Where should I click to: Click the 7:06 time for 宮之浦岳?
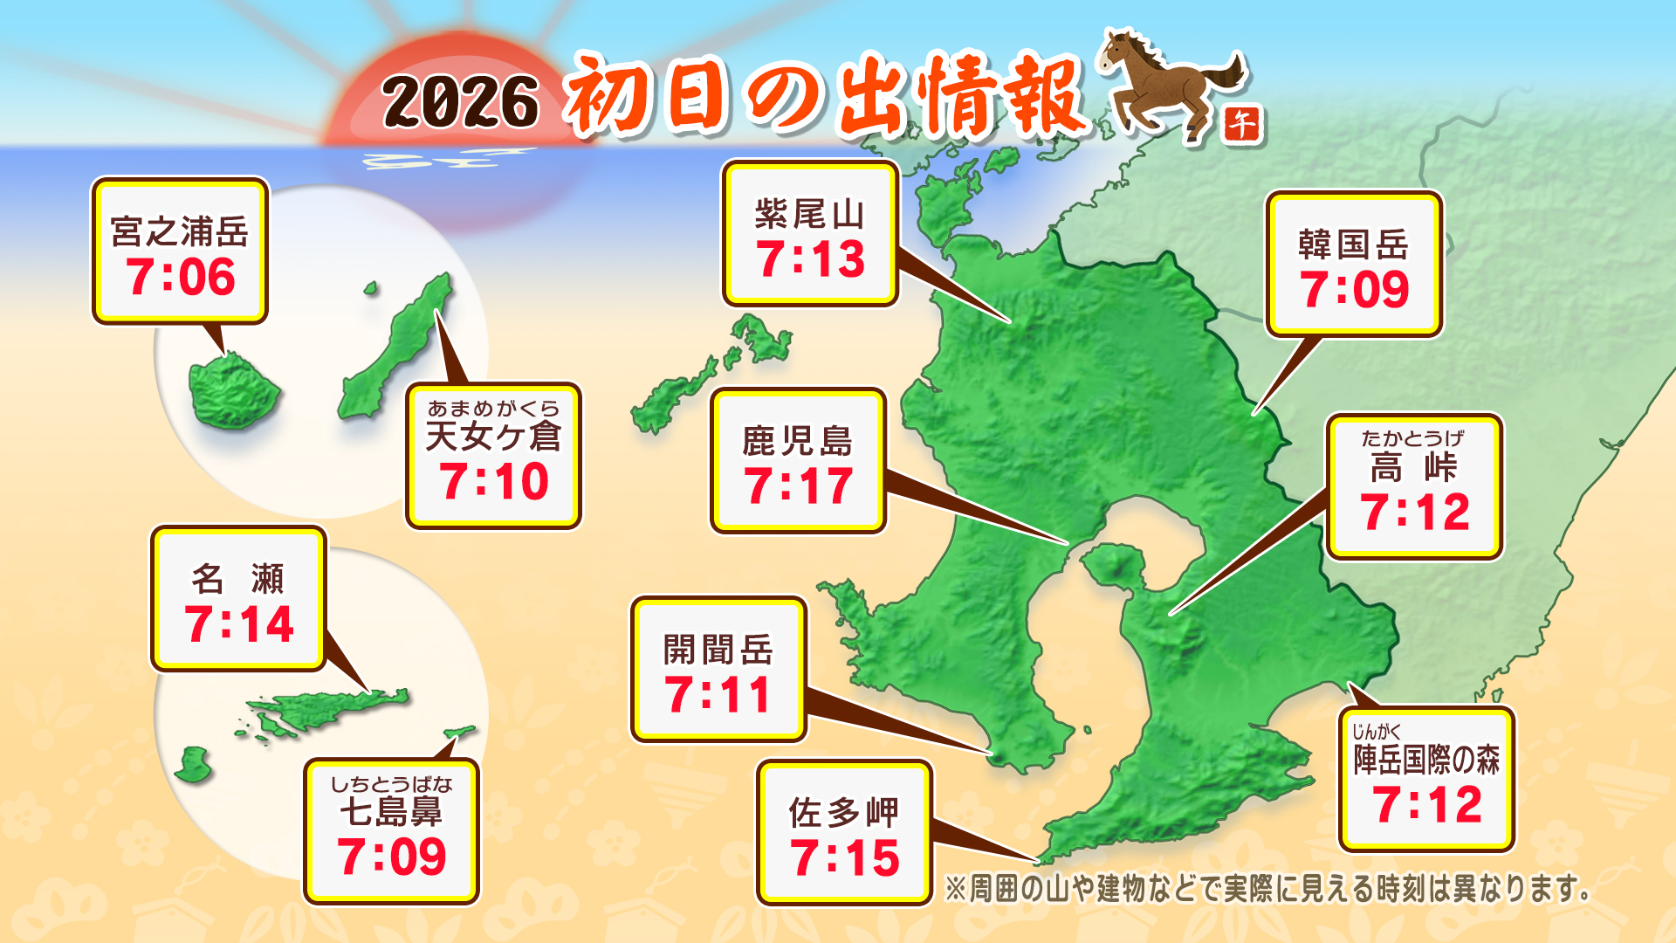coord(181,277)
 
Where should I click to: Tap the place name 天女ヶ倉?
coord(493,436)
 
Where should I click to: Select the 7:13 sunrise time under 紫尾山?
coord(811,259)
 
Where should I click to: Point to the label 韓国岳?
coord(1354,244)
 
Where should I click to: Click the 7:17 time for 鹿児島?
coord(798,486)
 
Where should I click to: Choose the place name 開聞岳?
coord(718,650)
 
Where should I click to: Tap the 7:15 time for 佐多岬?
coord(844,857)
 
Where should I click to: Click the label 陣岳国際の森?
coord(1426,760)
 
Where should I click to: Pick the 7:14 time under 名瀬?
coord(239,624)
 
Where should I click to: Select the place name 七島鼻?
coord(391,812)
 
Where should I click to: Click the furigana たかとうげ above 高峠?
coord(1412,438)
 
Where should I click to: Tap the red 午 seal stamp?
coord(1241,125)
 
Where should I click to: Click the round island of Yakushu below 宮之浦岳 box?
coord(233,391)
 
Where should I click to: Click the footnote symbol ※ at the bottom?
coord(956,890)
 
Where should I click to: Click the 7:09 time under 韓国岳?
coord(1354,290)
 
